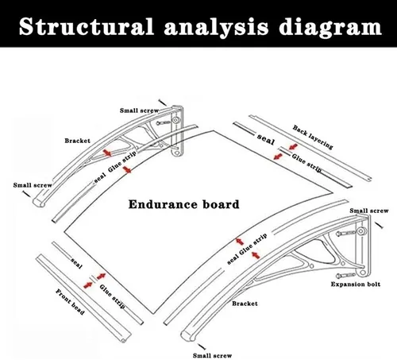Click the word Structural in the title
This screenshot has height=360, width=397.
coord(87,26)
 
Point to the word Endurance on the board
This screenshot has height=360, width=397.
coord(163,204)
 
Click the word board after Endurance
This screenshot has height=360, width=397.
coord(221,204)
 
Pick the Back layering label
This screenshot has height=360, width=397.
coord(313,137)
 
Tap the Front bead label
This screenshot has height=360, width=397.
coord(70,302)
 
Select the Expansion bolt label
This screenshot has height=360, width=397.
coord(356,285)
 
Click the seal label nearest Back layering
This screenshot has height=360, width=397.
coord(266,139)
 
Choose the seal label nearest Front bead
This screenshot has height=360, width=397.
coord(77,263)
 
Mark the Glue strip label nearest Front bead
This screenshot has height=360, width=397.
coord(112,296)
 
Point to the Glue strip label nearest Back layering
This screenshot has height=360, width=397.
coord(306,163)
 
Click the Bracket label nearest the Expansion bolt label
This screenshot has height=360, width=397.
coord(245,304)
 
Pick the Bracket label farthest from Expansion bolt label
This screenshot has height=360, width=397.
coord(77,141)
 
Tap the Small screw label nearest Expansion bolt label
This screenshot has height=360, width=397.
coord(369,211)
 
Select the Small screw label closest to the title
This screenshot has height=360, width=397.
coord(139,110)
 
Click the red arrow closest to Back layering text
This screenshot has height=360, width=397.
coord(293,147)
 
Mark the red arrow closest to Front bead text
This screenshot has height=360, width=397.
coord(88,285)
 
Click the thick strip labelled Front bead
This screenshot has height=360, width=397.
coord(84,299)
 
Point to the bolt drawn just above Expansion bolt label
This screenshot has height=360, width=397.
coord(345,276)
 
